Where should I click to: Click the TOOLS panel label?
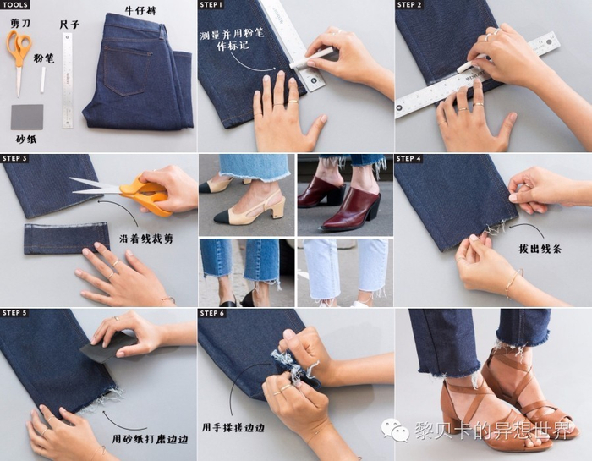click(14, 4)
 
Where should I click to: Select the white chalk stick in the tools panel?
click(43, 80)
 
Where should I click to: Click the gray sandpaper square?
click(27, 117)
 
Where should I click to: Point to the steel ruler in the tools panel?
click(67, 80)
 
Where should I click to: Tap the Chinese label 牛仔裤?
click(140, 10)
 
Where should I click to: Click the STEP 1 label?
click(211, 4)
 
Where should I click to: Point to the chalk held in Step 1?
click(309, 60)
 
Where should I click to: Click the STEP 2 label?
click(408, 4)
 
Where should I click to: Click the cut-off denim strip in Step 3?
click(67, 239)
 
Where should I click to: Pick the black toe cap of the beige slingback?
click(226, 216)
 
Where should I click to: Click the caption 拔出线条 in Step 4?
click(540, 249)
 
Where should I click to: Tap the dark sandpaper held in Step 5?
click(108, 347)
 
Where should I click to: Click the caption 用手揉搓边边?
click(233, 427)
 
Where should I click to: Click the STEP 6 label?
click(212, 313)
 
